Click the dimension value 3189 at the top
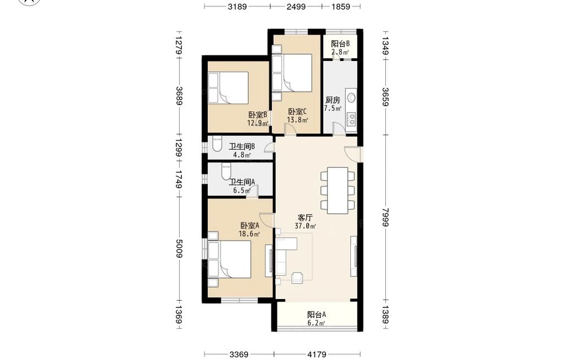click(237, 6)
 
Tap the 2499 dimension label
click(296, 6)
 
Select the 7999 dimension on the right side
click(385, 217)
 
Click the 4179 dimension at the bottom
click(317, 354)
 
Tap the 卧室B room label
click(258, 115)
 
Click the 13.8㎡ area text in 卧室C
click(297, 120)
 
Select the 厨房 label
click(333, 100)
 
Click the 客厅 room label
click(305, 218)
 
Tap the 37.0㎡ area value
click(305, 226)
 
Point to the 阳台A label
click(316, 315)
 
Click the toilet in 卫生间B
click(218, 144)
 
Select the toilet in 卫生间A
click(226, 171)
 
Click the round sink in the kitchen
click(351, 97)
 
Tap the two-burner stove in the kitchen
click(351, 119)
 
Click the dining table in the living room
click(338, 190)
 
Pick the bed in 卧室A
click(229, 259)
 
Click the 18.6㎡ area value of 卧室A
click(249, 234)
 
